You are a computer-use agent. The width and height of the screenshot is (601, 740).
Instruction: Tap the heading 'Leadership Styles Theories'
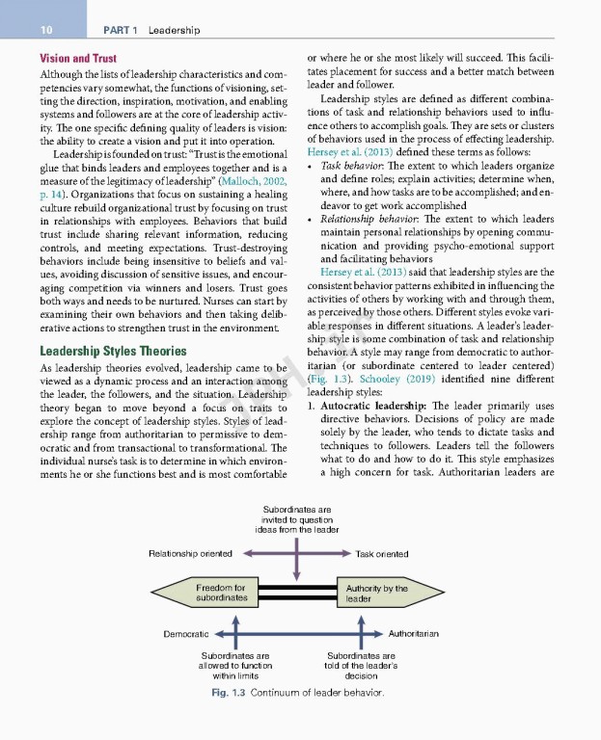[110, 324]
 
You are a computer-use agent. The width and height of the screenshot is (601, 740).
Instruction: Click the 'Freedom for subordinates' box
[221, 592]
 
